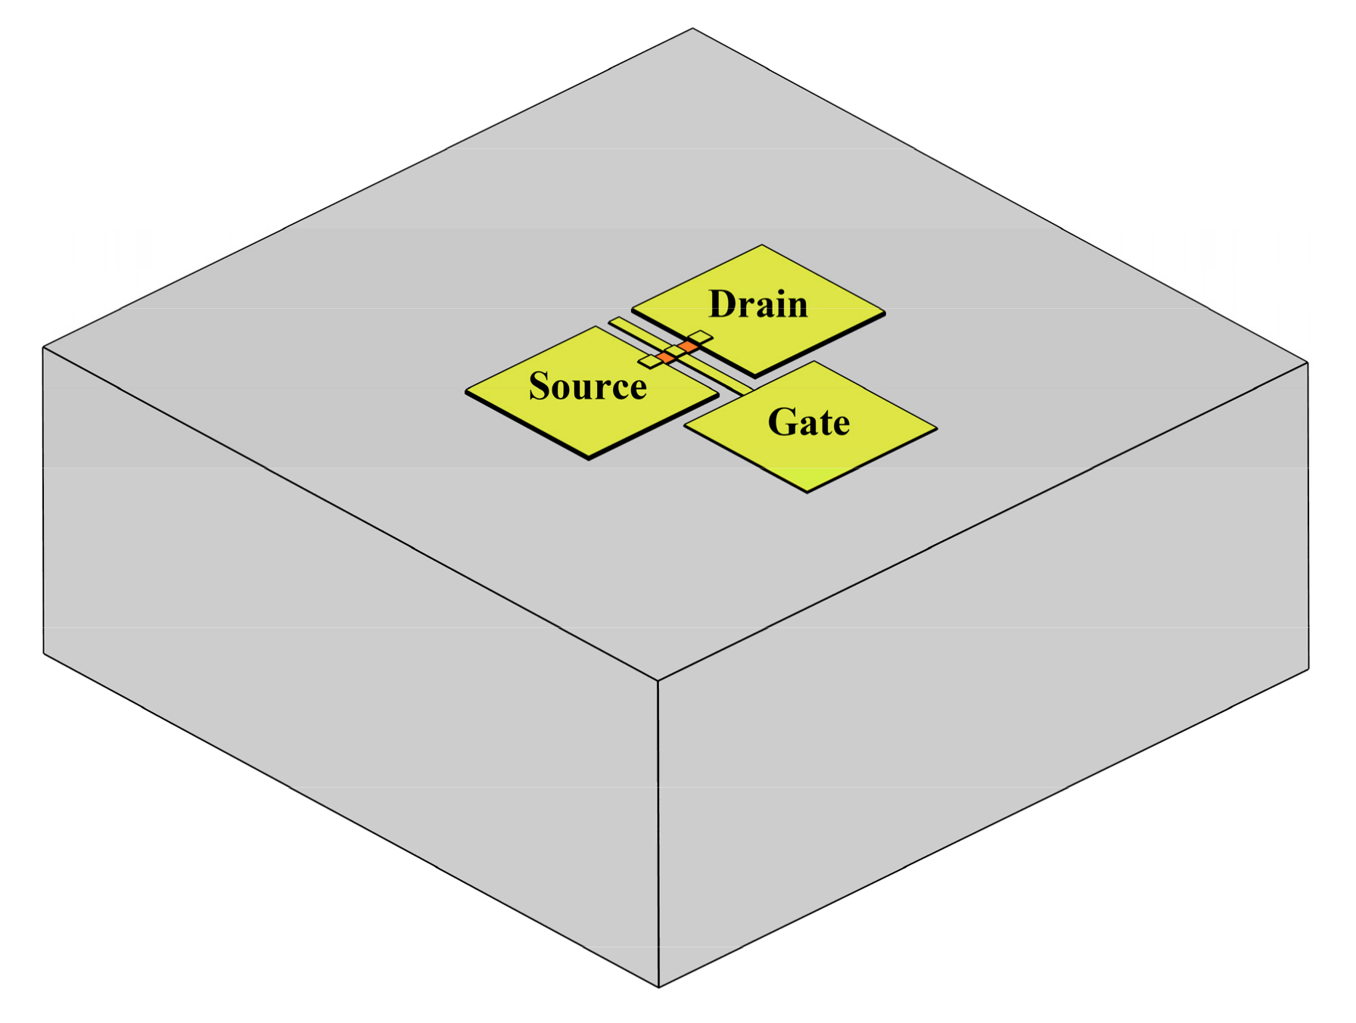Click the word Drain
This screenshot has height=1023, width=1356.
(x=758, y=304)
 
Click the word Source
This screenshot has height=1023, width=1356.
(x=587, y=386)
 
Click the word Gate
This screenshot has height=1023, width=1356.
(x=808, y=422)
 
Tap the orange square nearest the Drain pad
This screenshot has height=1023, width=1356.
(x=688, y=346)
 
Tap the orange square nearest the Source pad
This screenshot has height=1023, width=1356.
(x=666, y=356)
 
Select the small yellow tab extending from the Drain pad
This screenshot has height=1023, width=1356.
(x=701, y=337)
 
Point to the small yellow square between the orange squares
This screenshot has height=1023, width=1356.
(x=676, y=351)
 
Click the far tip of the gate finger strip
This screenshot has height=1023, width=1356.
(x=614, y=322)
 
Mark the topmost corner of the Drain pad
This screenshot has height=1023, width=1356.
(x=761, y=246)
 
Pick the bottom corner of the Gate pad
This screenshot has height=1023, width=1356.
(x=807, y=492)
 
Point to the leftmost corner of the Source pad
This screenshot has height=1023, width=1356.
(x=467, y=391)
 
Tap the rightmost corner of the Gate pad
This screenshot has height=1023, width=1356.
(x=936, y=429)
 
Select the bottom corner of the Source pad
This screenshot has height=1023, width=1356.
(x=589, y=457)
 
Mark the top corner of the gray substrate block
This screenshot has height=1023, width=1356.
(x=692, y=30)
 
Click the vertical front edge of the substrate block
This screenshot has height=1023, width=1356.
(x=658, y=832)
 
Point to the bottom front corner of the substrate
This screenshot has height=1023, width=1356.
(x=659, y=986)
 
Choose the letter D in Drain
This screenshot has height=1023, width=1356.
(x=723, y=304)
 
